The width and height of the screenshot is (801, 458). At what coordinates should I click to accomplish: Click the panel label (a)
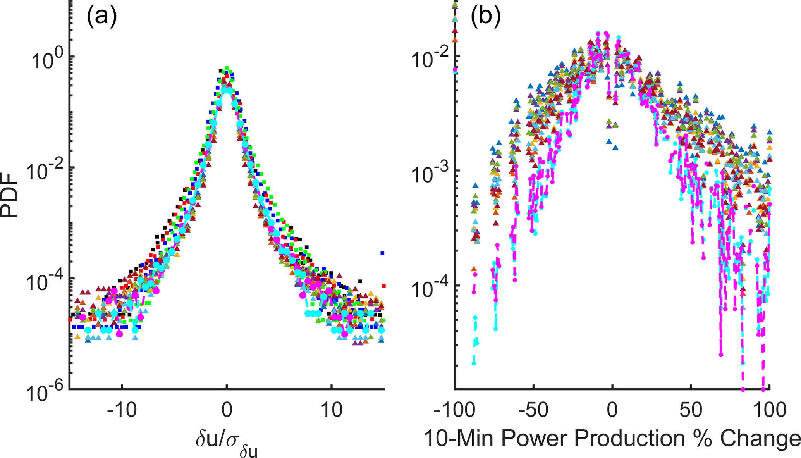point(101,17)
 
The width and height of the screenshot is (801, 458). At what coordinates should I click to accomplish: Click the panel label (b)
point(486,17)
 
